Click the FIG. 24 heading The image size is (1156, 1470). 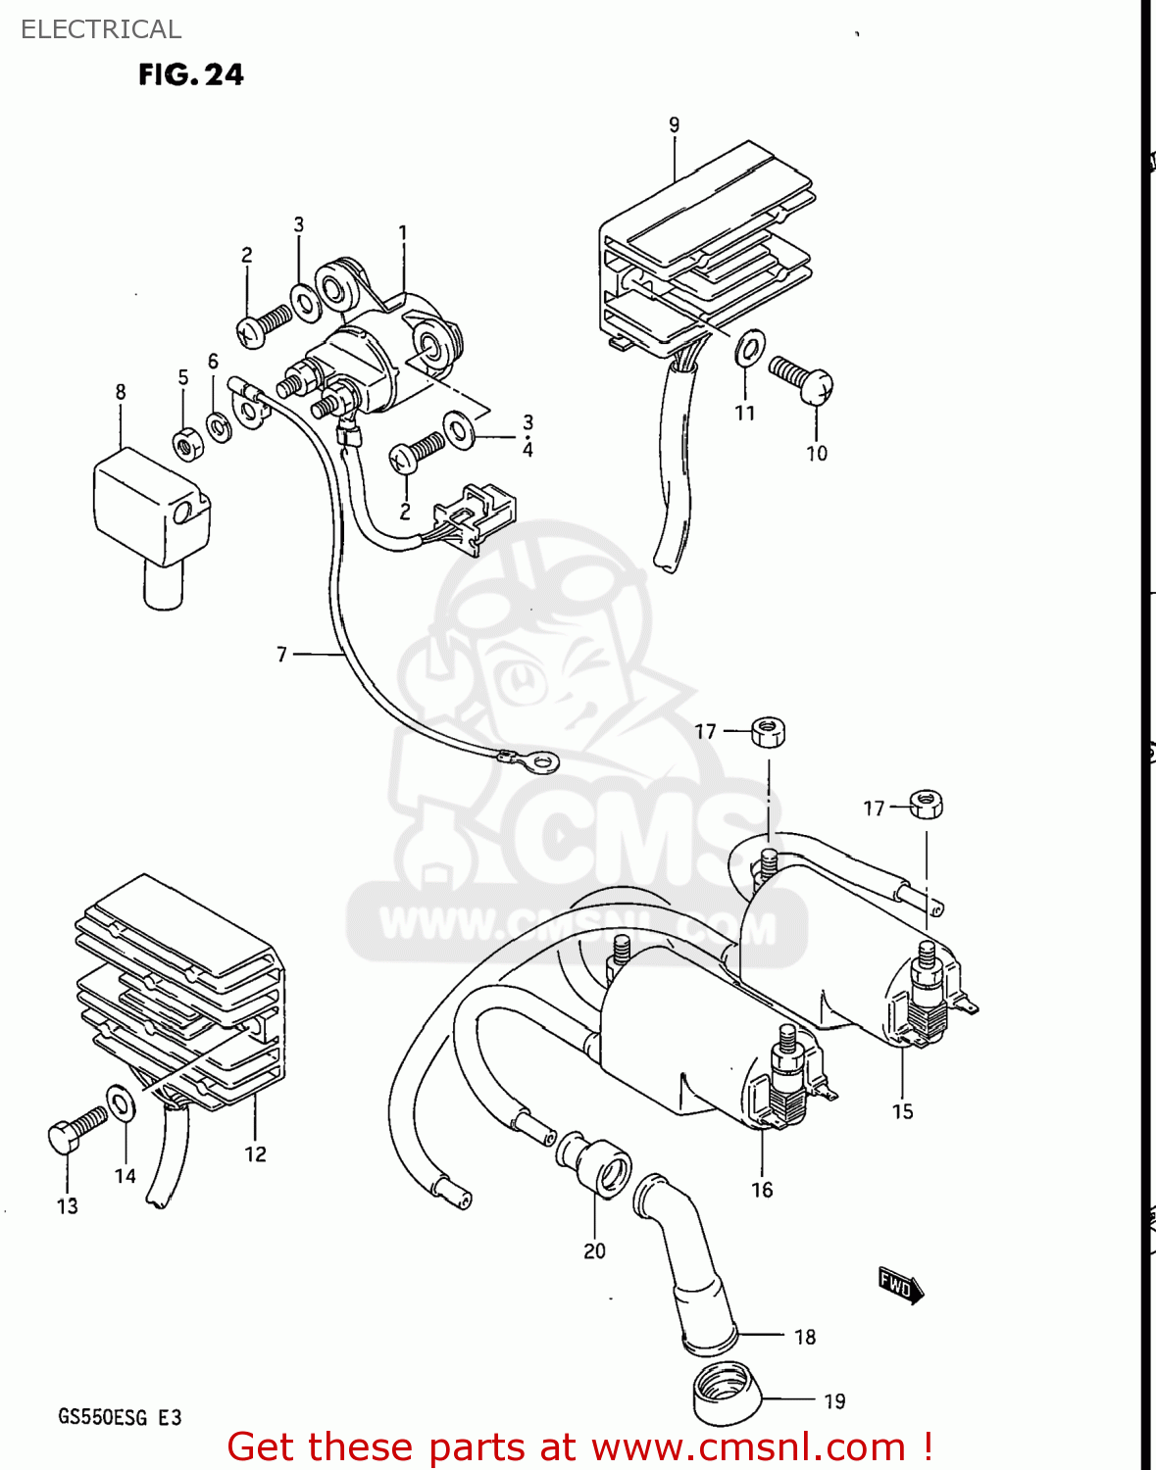pyautogui.click(x=190, y=74)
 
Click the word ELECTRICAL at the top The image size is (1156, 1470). pyautogui.click(x=101, y=29)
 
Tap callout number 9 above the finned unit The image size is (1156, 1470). pyautogui.click(x=674, y=124)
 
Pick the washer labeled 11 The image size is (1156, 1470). pyautogui.click(x=750, y=348)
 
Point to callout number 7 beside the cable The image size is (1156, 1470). pyautogui.click(x=281, y=654)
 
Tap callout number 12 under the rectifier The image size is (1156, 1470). pyautogui.click(x=255, y=1154)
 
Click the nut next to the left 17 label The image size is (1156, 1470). pyautogui.click(x=769, y=731)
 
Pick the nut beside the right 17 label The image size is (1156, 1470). pyautogui.click(x=926, y=805)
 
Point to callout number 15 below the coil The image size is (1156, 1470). pyautogui.click(x=902, y=1111)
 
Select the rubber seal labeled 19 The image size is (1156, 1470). pyautogui.click(x=726, y=1393)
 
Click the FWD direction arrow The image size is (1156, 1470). pyautogui.click(x=899, y=1284)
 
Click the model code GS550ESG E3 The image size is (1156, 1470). pyautogui.click(x=120, y=1417)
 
